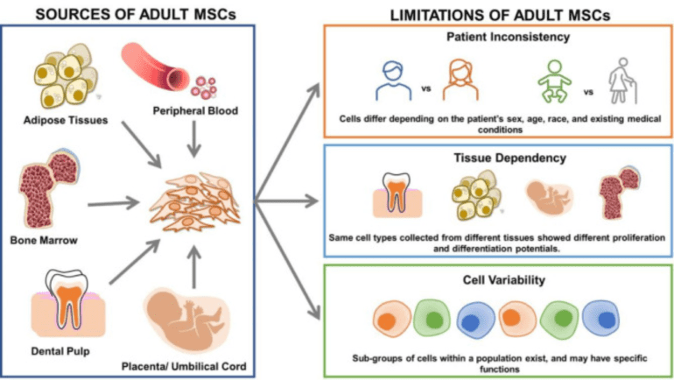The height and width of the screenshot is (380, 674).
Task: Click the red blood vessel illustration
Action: pos(163,70)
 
